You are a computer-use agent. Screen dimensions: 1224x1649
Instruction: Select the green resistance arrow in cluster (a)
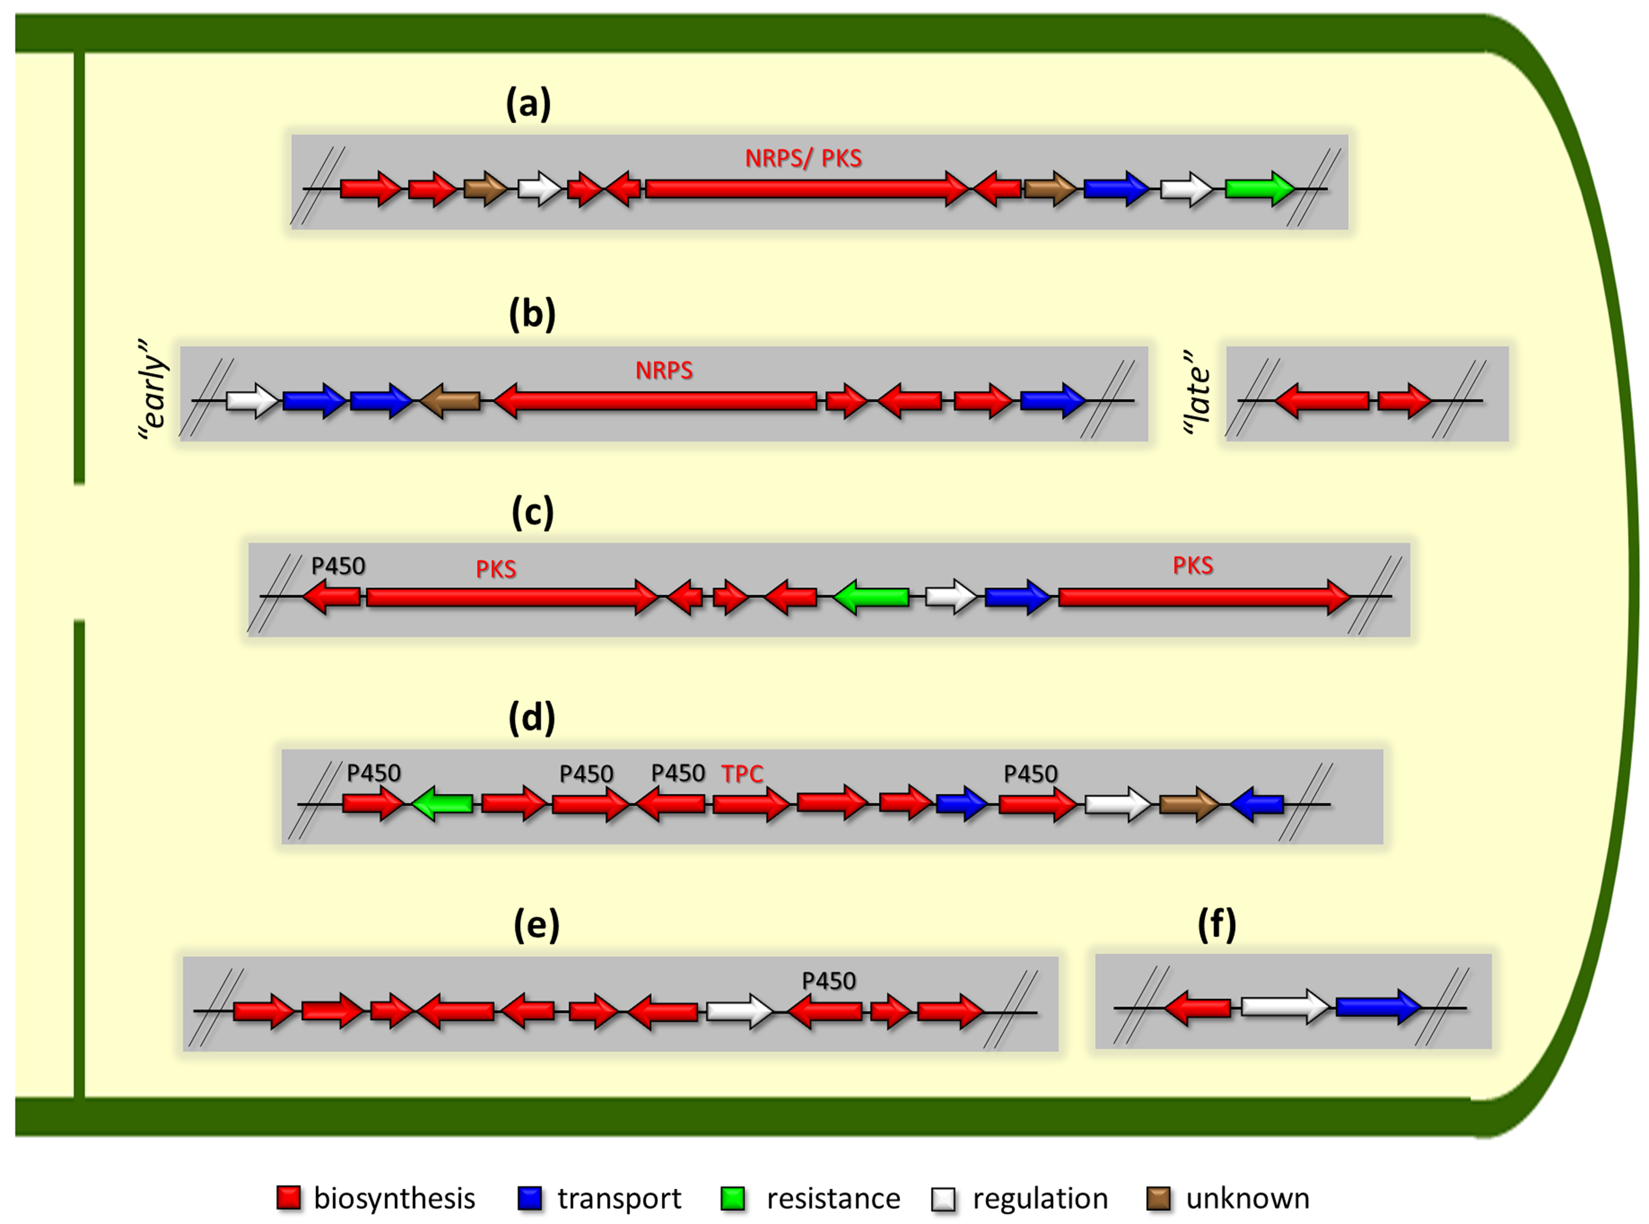pos(1258,189)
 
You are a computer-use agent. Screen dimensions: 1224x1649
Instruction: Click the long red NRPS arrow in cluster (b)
pos(655,401)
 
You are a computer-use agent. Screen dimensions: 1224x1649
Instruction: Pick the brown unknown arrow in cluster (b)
pos(450,401)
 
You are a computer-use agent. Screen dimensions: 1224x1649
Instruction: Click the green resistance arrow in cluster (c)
pos(871,597)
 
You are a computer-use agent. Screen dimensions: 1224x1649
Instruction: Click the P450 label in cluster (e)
pos(828,982)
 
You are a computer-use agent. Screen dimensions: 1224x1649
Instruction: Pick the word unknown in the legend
pos(1248,1198)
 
